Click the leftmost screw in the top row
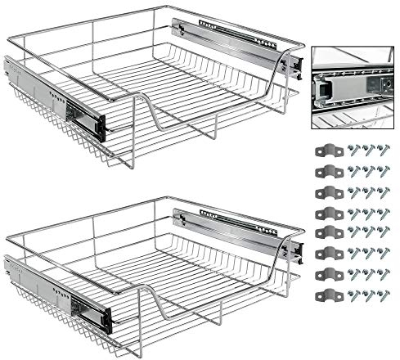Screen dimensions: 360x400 [x=353, y=151]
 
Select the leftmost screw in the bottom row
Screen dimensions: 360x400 [x=353, y=295]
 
